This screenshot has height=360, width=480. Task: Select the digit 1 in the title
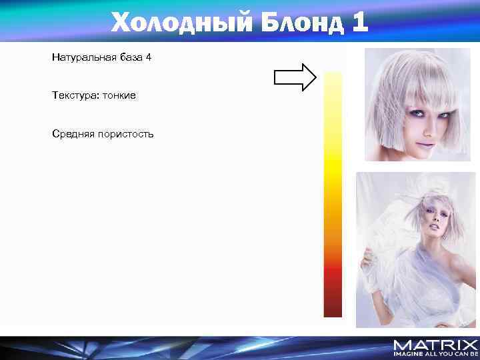click(x=359, y=23)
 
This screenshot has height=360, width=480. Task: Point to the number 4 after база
click(x=148, y=57)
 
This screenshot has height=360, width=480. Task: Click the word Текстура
click(x=73, y=96)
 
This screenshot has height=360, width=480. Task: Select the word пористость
click(x=124, y=134)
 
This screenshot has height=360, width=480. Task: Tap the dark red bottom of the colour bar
click(x=333, y=303)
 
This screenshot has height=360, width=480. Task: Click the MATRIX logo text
click(x=435, y=345)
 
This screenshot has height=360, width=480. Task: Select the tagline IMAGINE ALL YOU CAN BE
click(x=435, y=354)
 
